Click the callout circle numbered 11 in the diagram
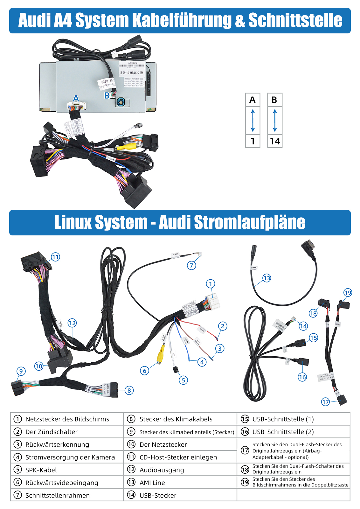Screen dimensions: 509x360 tap(55, 257)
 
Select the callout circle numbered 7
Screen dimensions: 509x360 tap(191, 265)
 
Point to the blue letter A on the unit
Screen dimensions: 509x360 tap(76, 99)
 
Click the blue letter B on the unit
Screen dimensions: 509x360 tap(107, 95)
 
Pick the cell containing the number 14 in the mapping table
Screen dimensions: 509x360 tap(275, 141)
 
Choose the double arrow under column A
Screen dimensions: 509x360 tap(253, 121)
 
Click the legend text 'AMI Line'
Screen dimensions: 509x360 tap(152, 483)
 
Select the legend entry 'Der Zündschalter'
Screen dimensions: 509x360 tap(51, 432)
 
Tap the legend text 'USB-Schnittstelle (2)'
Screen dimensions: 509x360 tap(283, 432)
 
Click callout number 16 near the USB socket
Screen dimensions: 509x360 tap(302, 377)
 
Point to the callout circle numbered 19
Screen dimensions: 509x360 tap(348, 293)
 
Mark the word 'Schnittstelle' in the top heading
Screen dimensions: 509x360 tap(295, 20)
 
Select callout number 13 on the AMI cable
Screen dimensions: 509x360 tap(267, 278)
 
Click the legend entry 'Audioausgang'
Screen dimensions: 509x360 tap(162, 470)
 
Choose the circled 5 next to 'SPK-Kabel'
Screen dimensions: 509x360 tap(18, 470)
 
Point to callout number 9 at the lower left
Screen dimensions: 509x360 tap(21, 371)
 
